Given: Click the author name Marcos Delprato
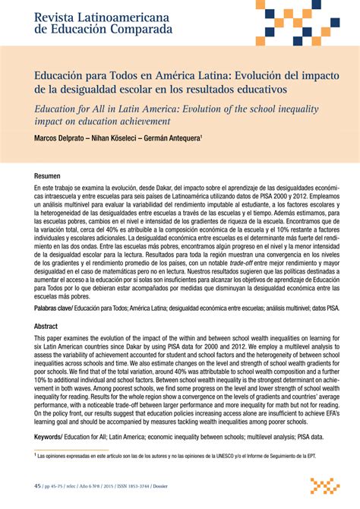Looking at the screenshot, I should coord(58,138).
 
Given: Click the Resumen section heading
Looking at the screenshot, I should coord(47,175).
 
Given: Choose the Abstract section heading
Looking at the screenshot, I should coord(46,325).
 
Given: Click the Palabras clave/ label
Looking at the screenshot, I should coord(52,309).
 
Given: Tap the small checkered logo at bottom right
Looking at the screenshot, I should coord(324,485).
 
